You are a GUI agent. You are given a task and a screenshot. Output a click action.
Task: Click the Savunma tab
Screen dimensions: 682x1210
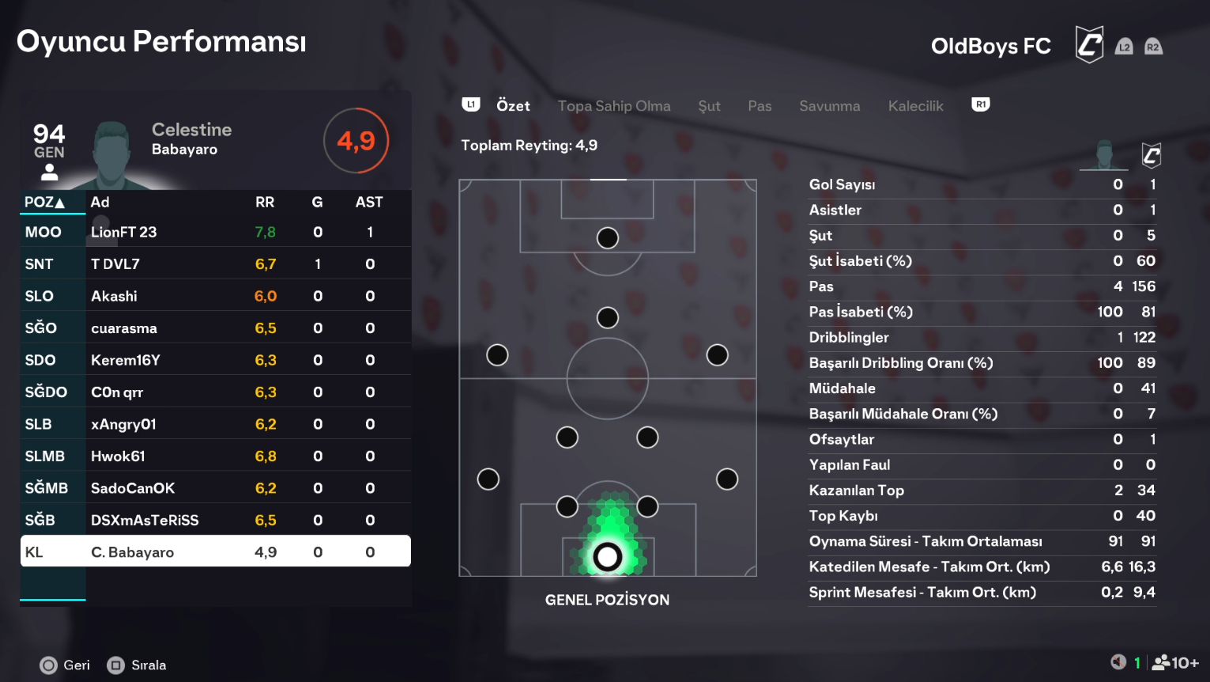pyautogui.click(x=829, y=106)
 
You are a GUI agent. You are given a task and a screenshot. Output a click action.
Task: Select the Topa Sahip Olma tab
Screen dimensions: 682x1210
pyautogui.click(x=613, y=106)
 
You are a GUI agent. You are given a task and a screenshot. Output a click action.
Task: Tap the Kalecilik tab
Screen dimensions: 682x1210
pyautogui.click(x=915, y=106)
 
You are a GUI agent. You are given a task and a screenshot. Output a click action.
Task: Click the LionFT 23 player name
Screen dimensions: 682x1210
pyautogui.click(x=123, y=232)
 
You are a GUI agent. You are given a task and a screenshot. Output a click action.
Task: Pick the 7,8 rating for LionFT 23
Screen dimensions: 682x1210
pyautogui.click(x=265, y=232)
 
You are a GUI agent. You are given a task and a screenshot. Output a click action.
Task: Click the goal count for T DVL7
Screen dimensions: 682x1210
pyautogui.click(x=318, y=264)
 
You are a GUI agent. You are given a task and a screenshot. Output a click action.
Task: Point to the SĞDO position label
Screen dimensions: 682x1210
pyautogui.click(x=46, y=392)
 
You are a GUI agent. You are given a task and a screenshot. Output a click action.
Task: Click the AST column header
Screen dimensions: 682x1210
pyautogui.click(x=368, y=203)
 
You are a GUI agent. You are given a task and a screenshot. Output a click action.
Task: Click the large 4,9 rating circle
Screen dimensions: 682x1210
pyautogui.click(x=356, y=141)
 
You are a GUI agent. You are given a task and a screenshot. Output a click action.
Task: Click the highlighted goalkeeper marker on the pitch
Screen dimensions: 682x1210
pyautogui.click(x=607, y=557)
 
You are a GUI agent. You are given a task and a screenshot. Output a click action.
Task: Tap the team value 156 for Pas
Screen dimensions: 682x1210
pyautogui.click(x=1144, y=286)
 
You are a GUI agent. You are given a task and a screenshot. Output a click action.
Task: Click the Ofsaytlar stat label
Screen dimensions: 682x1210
pyautogui.click(x=841, y=439)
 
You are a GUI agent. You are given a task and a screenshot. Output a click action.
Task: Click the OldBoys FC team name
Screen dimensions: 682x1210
pyautogui.click(x=990, y=47)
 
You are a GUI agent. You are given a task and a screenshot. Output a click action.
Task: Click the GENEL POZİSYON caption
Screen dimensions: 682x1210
pyautogui.click(x=607, y=600)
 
